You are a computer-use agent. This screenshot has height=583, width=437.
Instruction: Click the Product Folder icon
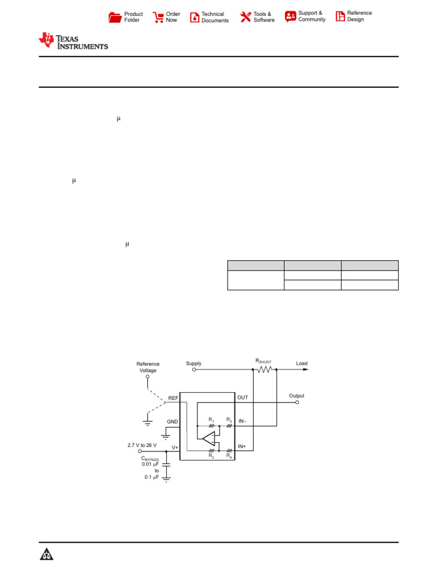(x=115, y=17)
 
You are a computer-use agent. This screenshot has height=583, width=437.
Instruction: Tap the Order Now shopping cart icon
(x=158, y=17)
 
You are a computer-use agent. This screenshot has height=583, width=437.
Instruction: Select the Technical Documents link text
(x=215, y=17)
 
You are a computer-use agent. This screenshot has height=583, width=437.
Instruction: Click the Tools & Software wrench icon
(x=245, y=17)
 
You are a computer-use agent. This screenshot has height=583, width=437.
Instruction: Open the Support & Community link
(x=311, y=16)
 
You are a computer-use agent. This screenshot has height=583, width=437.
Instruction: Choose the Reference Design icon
(x=340, y=17)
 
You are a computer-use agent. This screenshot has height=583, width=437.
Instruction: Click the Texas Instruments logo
(x=73, y=41)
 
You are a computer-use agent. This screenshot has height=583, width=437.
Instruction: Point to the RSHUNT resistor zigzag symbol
(x=265, y=369)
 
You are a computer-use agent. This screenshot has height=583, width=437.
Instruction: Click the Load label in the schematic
(x=302, y=363)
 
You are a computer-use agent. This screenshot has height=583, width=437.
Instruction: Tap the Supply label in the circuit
(x=193, y=363)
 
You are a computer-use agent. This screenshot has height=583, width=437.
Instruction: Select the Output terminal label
(x=296, y=396)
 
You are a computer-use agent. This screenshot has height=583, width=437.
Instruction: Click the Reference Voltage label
(x=148, y=367)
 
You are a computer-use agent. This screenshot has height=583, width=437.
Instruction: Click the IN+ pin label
(x=242, y=446)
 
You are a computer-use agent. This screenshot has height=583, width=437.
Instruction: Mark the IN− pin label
(x=242, y=421)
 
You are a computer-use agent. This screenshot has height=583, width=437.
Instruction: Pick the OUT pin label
(x=242, y=397)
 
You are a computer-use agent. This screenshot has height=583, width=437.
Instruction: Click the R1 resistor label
(x=211, y=420)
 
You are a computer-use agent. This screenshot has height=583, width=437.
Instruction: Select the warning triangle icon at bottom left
(x=47, y=555)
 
